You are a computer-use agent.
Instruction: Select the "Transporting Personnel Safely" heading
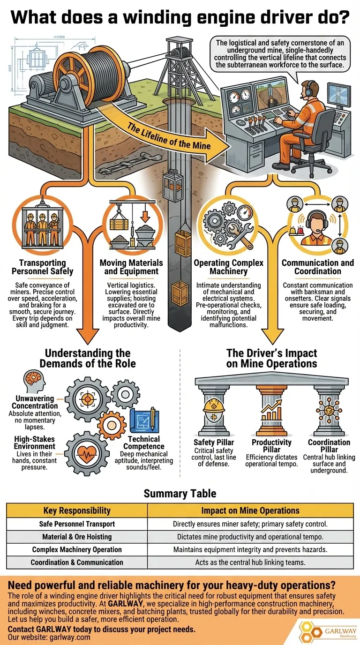[x=43, y=267]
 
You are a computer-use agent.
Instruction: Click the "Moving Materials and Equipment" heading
[x=131, y=267]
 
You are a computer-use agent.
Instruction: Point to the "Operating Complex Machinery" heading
[x=229, y=267]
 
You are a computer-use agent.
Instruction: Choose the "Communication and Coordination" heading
[x=318, y=267]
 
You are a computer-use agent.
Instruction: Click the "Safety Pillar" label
[x=214, y=442]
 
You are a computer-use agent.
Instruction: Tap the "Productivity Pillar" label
[x=272, y=446]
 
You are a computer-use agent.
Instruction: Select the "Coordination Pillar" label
[x=329, y=446]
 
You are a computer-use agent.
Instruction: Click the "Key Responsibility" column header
[x=77, y=510]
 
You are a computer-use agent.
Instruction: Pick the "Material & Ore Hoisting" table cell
[x=77, y=537]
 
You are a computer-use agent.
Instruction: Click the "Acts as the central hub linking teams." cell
[x=250, y=562]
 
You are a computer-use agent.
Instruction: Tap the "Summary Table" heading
[x=180, y=494]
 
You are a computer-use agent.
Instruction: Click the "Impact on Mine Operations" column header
[x=250, y=510]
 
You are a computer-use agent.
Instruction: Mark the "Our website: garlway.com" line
[x=49, y=637]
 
